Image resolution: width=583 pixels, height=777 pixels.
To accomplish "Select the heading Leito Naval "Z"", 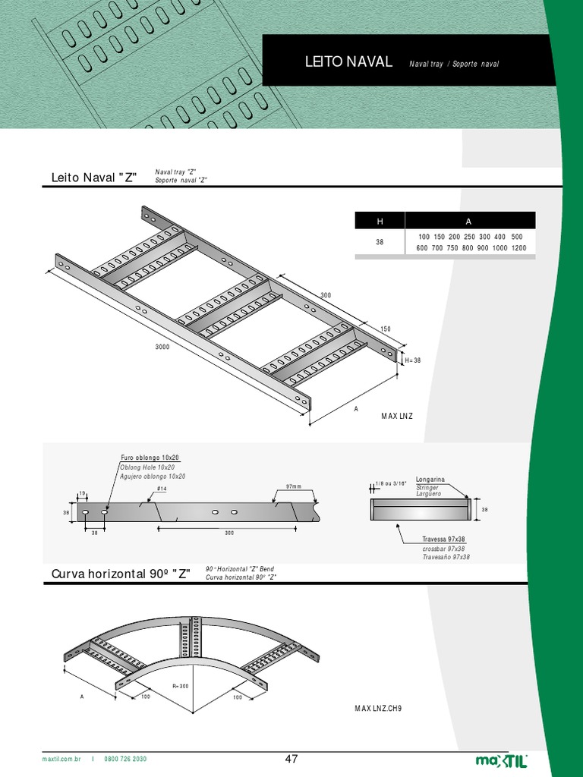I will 93,178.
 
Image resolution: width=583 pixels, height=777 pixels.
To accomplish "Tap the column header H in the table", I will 380,221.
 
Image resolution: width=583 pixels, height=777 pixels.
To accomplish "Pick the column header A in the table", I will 468,221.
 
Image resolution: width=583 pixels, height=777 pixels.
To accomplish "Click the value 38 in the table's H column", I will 380,244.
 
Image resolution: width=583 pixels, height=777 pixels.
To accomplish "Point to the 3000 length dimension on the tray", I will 162,346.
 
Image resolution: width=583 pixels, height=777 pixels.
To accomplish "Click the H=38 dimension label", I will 412,360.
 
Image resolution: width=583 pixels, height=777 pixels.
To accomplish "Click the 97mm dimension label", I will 293,486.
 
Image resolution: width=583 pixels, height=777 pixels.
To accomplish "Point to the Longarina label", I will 430,480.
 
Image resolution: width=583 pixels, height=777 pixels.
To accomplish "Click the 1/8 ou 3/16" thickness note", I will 392,483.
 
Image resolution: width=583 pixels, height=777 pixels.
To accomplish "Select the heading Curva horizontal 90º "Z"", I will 121,573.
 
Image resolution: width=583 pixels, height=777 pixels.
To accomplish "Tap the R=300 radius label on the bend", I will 180,686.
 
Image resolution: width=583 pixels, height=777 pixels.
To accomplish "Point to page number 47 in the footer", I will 291,759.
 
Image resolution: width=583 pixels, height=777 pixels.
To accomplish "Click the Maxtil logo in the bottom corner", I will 501,760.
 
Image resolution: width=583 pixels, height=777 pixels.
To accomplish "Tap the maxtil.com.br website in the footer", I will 61,759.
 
